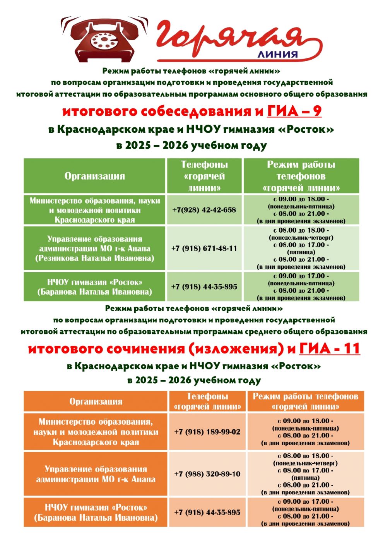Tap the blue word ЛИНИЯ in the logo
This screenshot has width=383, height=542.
coord(277,55)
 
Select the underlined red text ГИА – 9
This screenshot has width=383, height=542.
coord(294,111)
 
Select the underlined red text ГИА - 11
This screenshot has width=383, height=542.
coord(330,348)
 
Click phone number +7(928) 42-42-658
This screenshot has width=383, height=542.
coord(204,210)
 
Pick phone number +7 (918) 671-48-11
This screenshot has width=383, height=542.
coord(204,248)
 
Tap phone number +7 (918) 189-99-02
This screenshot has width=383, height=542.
coord(207,432)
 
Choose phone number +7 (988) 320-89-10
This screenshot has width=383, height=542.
coord(207,474)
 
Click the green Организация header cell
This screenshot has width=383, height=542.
coord(95,176)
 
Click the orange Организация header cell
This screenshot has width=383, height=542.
coord(96,401)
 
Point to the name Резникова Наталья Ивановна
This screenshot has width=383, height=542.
coord(95,258)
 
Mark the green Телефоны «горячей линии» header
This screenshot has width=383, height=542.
coord(204,176)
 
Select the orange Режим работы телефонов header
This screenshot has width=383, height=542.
coord(306,401)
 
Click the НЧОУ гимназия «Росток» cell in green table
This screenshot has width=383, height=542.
coord(95,287)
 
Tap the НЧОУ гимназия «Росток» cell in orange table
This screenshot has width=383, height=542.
coord(96,512)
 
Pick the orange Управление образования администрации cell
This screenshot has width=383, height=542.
coord(96,474)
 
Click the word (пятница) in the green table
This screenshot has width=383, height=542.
coord(301,252)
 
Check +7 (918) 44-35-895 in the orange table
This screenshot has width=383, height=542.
coord(207,512)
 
